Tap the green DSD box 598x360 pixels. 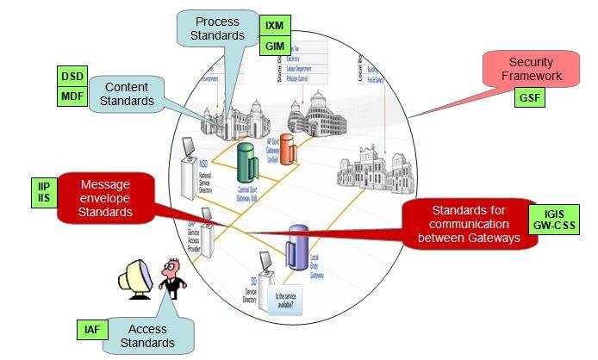pos(72,75)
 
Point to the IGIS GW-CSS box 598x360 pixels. pos(554,221)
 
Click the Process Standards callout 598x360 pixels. pos(217,28)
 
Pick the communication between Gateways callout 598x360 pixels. pos(464,224)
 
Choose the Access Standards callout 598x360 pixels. pos(153,335)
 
